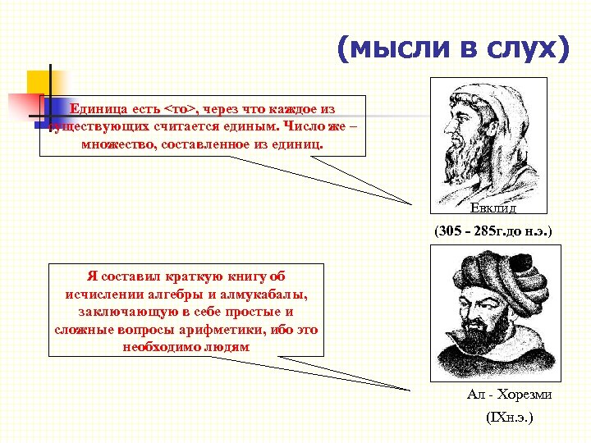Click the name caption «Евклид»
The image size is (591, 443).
tap(493, 208)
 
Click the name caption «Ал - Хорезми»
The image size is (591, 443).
tap(509, 395)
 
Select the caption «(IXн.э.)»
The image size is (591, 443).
tap(509, 418)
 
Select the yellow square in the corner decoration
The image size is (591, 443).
tap(39, 83)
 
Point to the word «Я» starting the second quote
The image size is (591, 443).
tap(91, 277)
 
